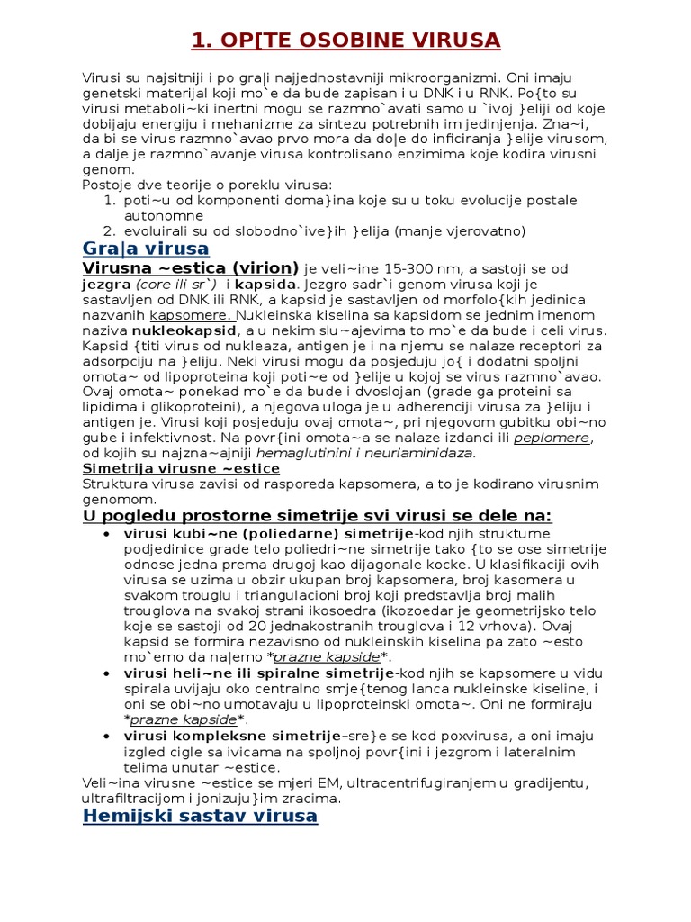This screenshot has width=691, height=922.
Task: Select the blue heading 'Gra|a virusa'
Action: [146, 249]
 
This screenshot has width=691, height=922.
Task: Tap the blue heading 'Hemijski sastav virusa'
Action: [199, 816]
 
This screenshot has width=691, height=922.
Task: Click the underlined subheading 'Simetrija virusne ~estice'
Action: [181, 468]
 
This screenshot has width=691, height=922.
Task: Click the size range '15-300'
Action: [391, 268]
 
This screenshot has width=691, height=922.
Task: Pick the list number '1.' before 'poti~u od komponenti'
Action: [112, 200]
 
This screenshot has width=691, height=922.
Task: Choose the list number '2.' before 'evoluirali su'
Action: [112, 231]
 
